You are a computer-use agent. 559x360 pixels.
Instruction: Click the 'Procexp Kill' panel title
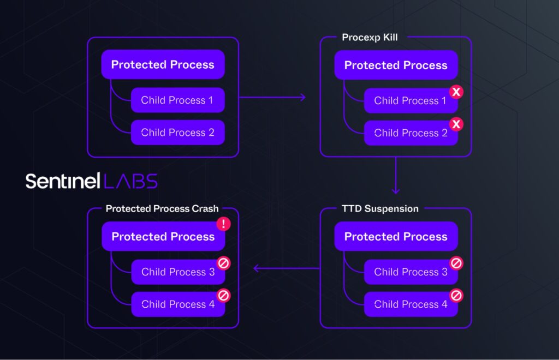pos(370,38)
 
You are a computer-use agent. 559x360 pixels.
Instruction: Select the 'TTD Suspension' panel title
pos(380,209)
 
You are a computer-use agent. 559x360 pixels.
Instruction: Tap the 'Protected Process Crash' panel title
pos(162,209)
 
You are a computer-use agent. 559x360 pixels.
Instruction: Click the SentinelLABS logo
pos(92,181)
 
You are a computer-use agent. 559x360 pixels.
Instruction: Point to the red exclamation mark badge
pos(223,224)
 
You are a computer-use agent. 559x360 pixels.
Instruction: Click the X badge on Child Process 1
pos(456,92)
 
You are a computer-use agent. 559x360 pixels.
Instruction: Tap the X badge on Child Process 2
pos(456,124)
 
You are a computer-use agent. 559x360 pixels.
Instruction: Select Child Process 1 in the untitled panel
pos(177,100)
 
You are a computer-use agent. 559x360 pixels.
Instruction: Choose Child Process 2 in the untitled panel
pos(177,133)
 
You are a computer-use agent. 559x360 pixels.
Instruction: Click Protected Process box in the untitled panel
pos(163,64)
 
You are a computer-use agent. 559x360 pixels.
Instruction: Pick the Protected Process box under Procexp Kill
pos(396,65)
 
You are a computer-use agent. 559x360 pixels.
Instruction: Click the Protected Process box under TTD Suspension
pos(396,237)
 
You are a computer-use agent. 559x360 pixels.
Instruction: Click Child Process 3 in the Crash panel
pos(178,272)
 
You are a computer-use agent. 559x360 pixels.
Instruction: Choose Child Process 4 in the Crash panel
pos(178,304)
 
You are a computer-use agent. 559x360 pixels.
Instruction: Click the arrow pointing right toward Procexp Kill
pos(272,98)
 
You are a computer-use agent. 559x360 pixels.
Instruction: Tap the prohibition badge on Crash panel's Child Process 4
pos(223,296)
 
